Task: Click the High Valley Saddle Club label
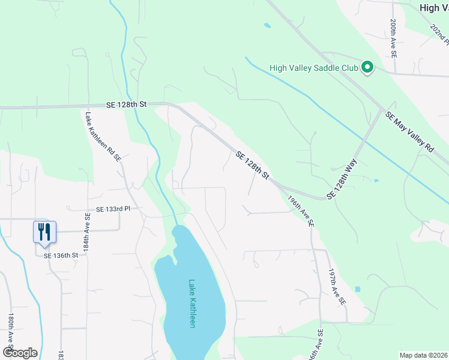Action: pos(314,68)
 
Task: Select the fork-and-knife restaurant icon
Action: pos(44,232)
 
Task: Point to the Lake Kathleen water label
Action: pos(193,303)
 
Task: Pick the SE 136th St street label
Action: pos(61,255)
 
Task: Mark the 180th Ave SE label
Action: pos(11,329)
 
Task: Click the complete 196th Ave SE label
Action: pos(300,210)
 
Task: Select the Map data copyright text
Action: pos(423,355)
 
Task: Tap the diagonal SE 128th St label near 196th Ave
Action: pos(252,165)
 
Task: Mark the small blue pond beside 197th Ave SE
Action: pos(358,289)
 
